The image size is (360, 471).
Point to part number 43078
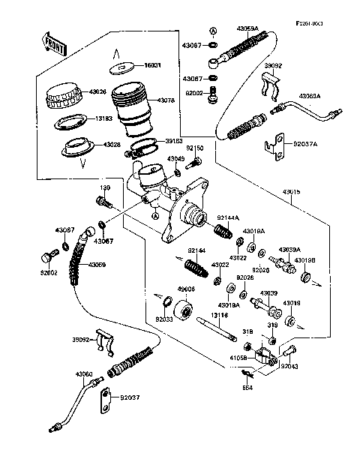[x=167, y=100]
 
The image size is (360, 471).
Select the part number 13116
[x=220, y=316]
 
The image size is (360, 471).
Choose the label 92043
[x=290, y=366]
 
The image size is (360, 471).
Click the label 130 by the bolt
[x=104, y=188]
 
